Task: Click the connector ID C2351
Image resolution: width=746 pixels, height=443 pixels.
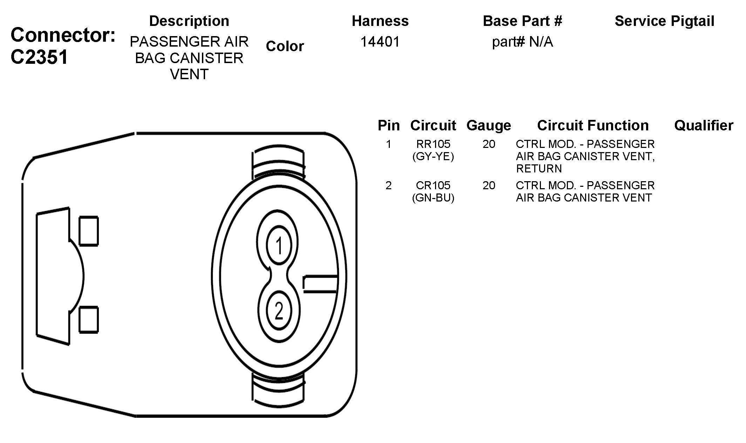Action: pyautogui.click(x=39, y=57)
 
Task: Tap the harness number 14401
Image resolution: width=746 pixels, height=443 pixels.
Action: pyautogui.click(x=380, y=42)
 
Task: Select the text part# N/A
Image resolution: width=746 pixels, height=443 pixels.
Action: pyautogui.click(x=522, y=42)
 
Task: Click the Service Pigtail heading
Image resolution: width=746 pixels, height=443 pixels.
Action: pyautogui.click(x=664, y=21)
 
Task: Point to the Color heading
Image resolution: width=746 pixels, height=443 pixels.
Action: pyautogui.click(x=285, y=46)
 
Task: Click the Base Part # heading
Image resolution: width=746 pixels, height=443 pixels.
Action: pyautogui.click(x=522, y=21)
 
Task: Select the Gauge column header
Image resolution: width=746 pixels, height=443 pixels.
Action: pyautogui.click(x=489, y=125)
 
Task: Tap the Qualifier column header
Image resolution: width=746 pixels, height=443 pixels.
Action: pyautogui.click(x=704, y=125)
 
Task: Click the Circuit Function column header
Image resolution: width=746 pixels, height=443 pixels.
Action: pyautogui.click(x=593, y=125)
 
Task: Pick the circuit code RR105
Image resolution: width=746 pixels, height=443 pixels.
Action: pyautogui.click(x=433, y=144)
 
